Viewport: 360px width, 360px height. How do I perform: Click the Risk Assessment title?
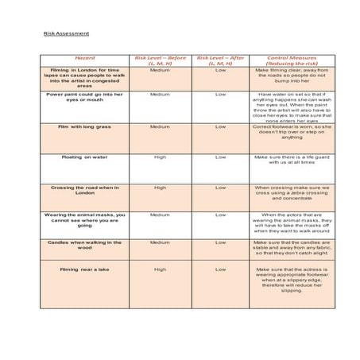(x=66, y=33)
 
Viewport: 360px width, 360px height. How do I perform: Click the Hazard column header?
(x=84, y=58)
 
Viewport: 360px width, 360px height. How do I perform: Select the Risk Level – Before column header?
(x=160, y=60)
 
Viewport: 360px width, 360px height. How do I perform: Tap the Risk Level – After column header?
(x=220, y=60)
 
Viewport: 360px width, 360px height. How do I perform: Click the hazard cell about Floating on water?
(x=84, y=157)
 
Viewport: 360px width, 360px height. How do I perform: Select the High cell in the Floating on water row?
(x=160, y=157)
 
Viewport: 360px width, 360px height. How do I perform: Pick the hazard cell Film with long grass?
(x=84, y=126)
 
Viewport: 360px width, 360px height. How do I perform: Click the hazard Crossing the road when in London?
(x=84, y=191)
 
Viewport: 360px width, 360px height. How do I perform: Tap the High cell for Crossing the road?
(x=160, y=188)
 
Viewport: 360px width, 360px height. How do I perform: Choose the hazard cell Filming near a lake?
(x=84, y=269)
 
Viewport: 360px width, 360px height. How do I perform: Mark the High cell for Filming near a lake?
(x=160, y=269)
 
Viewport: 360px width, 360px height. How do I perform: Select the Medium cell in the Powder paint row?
(x=160, y=94)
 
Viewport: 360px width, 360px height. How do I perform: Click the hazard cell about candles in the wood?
(x=84, y=245)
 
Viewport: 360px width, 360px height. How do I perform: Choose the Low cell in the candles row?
(x=220, y=242)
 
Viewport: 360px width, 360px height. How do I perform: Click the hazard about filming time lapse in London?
(x=84, y=76)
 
